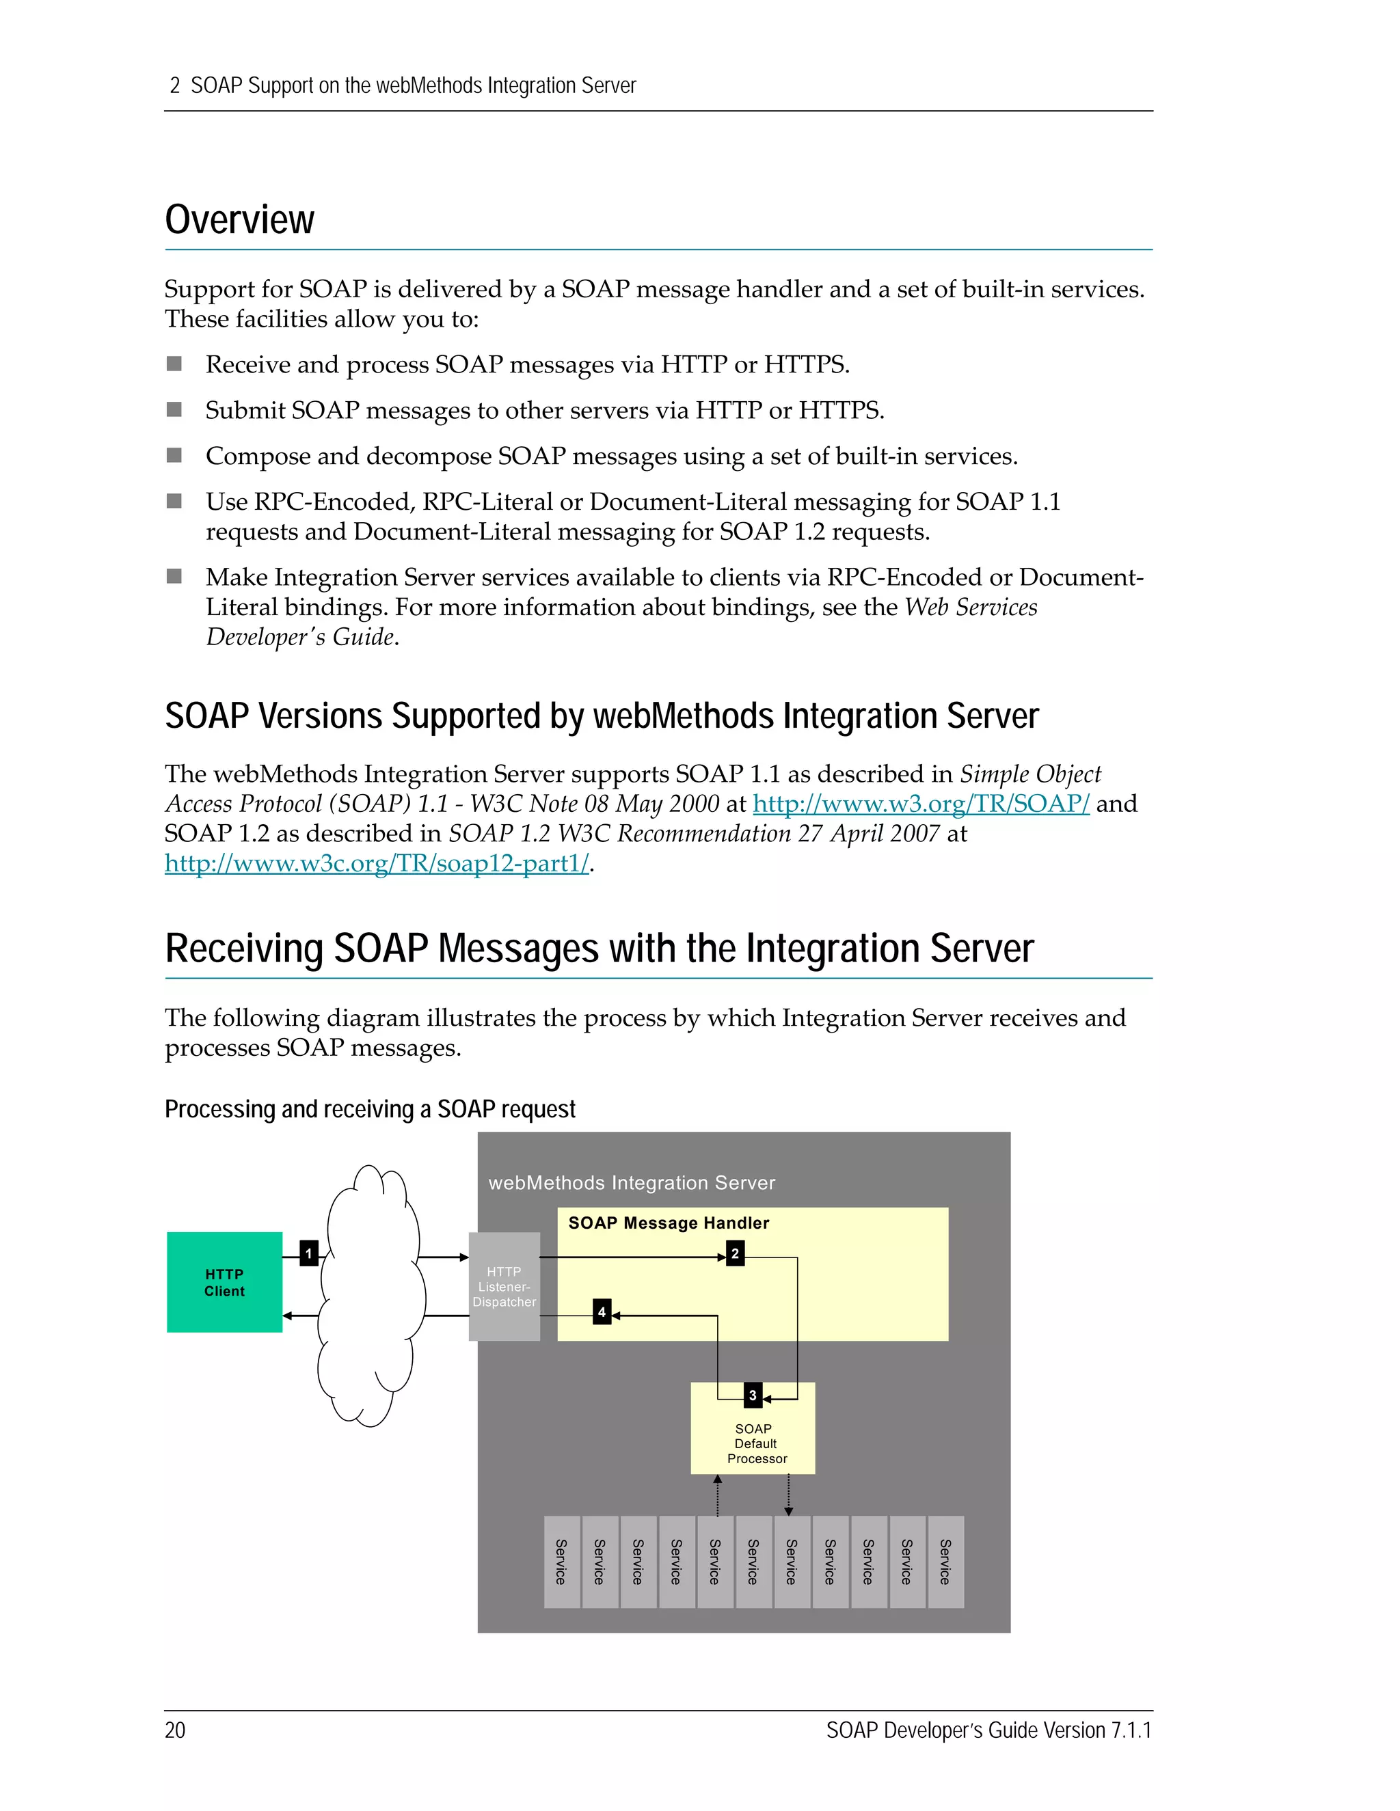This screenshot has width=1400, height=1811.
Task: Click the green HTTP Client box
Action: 224,1282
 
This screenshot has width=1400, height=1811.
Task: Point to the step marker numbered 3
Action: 752,1395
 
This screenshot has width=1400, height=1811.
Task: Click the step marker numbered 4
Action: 602,1312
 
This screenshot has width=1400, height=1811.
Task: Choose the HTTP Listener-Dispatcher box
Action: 504,1286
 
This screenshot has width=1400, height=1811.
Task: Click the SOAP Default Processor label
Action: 755,1443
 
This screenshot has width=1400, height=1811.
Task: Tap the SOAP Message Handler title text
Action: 669,1223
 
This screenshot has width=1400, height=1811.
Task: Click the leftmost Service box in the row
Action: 561,1562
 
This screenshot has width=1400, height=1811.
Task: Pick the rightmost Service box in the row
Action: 945,1562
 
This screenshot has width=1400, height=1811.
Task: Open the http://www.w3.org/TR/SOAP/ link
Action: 921,804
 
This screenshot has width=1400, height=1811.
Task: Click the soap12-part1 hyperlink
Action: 377,863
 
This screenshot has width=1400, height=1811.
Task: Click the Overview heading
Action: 240,220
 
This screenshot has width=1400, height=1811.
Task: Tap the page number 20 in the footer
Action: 175,1730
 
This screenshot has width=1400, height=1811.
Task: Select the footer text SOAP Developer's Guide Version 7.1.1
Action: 988,1730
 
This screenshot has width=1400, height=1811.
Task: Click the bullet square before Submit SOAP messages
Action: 174,409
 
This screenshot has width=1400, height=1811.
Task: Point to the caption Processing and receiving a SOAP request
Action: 370,1109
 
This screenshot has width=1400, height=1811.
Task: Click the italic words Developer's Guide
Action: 300,637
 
